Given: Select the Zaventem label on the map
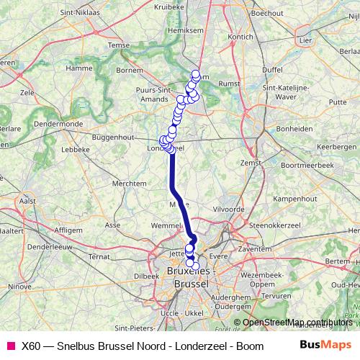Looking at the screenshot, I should click(257, 248).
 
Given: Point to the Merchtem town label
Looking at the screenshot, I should click(130, 184).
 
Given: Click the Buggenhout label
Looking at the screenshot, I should click(114, 136).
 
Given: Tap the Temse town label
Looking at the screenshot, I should click(120, 44).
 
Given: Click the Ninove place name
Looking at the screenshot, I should click(19, 286).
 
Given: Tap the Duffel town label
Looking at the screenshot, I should click(273, 70).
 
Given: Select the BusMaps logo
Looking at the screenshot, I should click(326, 346).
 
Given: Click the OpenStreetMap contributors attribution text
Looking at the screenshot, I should click(297, 322).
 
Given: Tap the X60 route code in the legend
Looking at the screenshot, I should click(31, 346).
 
